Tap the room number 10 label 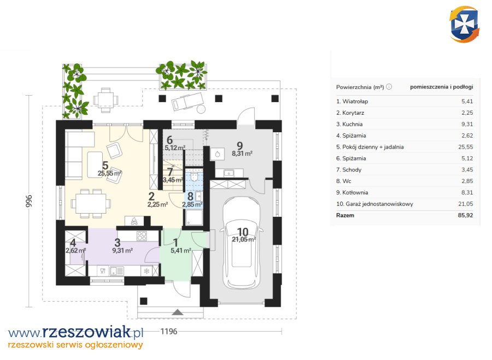point(243,232)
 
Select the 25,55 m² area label point(109,173)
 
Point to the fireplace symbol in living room point(134,221)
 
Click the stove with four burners point(142,236)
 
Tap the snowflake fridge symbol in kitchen point(147,271)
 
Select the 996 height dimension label point(29,201)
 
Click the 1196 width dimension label point(169,331)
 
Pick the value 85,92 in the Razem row point(465,215)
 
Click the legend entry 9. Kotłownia point(352,192)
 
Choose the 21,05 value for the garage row point(465,204)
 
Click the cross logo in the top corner point(464,25)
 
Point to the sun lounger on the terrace point(188,101)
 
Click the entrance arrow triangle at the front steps point(178,312)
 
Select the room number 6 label point(169,140)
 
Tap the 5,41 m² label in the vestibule point(181,251)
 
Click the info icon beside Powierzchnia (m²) point(389,87)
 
